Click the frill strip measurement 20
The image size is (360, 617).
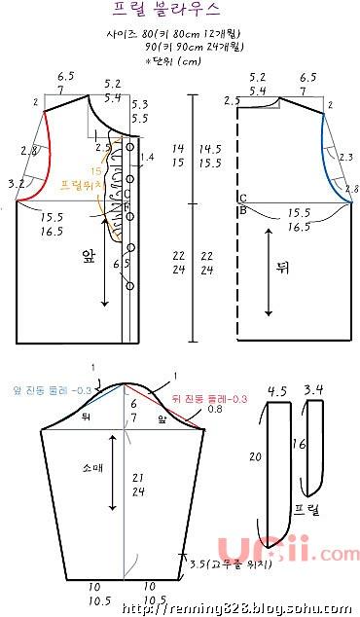click(254, 456)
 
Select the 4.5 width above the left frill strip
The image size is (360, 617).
click(276, 391)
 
